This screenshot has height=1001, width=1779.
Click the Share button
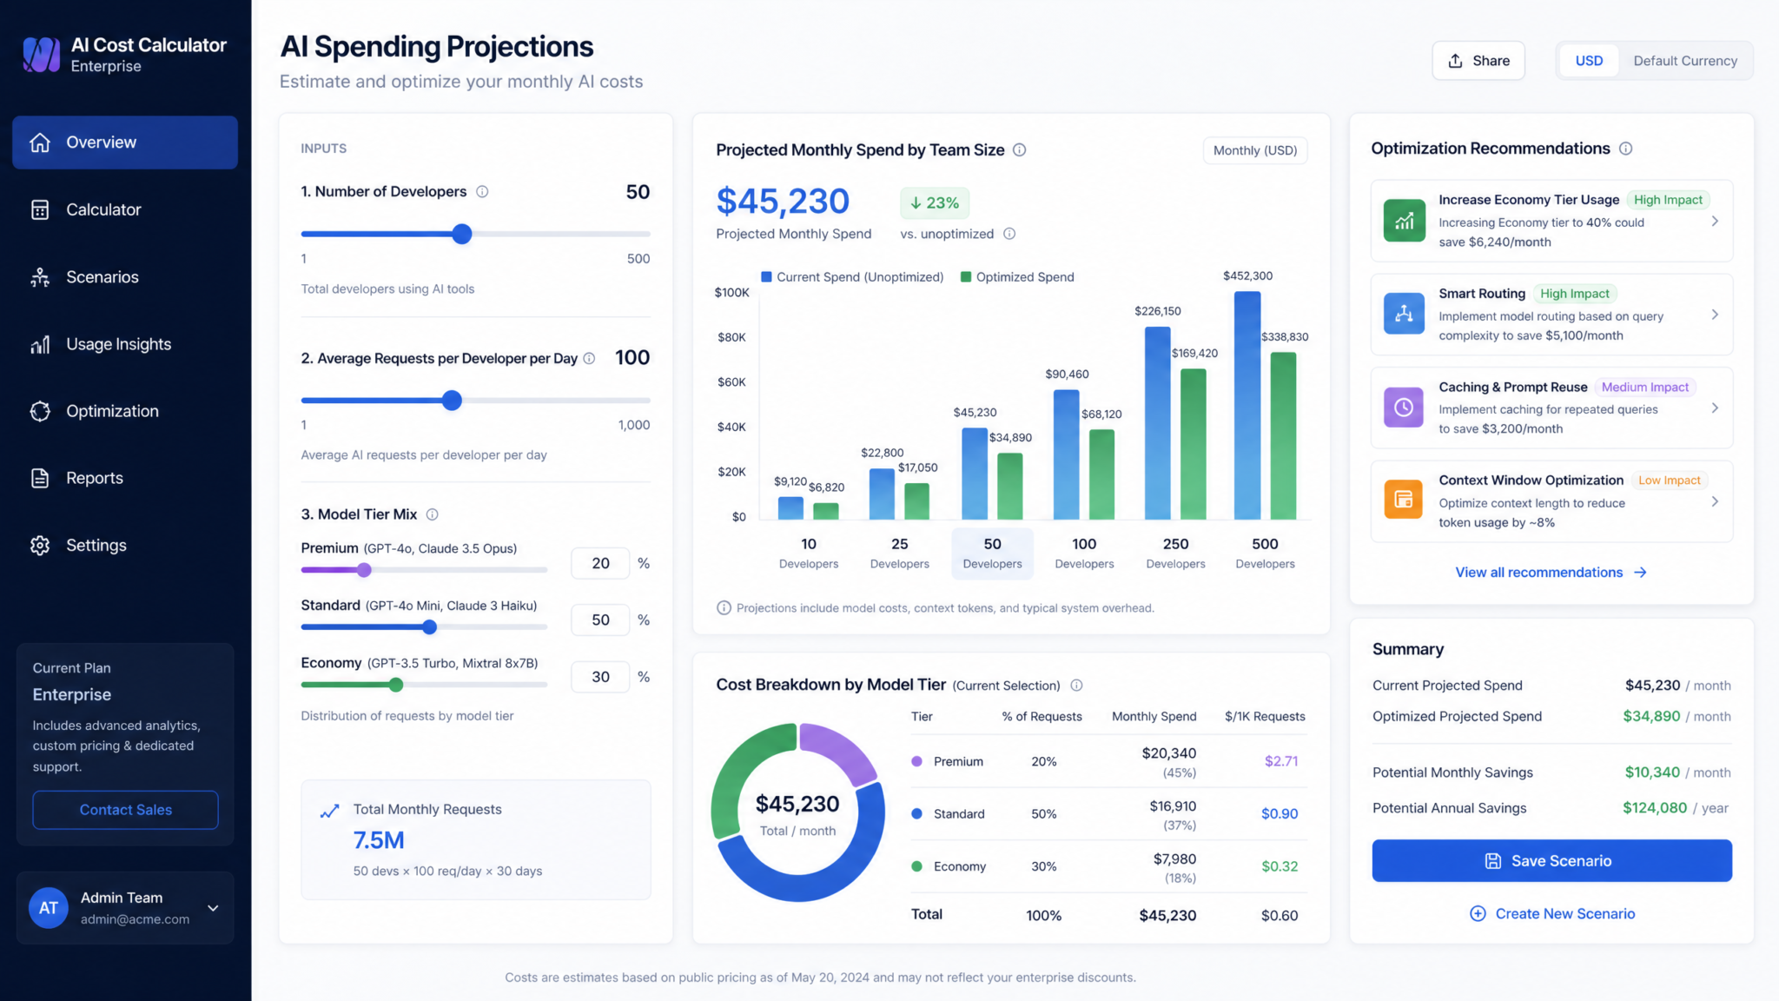(1478, 61)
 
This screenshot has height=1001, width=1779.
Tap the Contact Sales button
(125, 810)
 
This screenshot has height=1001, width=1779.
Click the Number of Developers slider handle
(462, 234)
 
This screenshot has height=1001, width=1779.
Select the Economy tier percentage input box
(600, 677)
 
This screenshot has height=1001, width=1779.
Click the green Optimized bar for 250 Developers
(1194, 444)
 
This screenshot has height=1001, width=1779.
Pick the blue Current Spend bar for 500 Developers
(1247, 406)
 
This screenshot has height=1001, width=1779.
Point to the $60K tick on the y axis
(731, 381)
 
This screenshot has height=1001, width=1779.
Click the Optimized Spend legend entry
(1017, 277)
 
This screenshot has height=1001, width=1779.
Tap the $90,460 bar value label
(1067, 375)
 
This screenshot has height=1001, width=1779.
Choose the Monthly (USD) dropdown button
(1254, 150)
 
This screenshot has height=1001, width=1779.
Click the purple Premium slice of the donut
(839, 749)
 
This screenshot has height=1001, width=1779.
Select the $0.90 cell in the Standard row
(1280, 814)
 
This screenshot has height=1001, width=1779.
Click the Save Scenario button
(1551, 860)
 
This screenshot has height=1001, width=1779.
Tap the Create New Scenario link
(1551, 913)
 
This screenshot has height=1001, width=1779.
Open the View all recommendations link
(1551, 572)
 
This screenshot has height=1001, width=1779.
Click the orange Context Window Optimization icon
(1404, 500)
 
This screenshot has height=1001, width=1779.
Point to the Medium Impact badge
(1645, 388)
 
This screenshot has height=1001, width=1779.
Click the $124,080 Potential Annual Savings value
(1655, 808)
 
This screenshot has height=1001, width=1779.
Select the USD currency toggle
(1589, 61)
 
